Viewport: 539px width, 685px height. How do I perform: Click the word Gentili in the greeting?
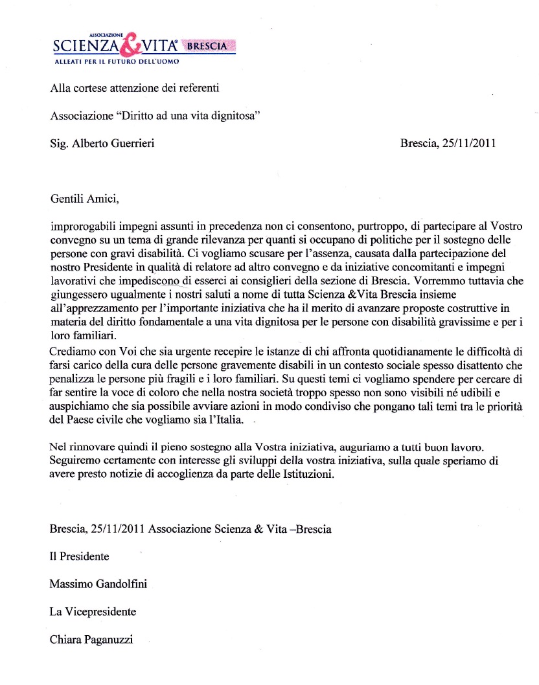click(x=67, y=199)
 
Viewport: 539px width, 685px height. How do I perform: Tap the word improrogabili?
click(x=82, y=229)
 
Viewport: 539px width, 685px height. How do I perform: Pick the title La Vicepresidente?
click(x=93, y=611)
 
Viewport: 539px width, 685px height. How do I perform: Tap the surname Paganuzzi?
click(x=114, y=640)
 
